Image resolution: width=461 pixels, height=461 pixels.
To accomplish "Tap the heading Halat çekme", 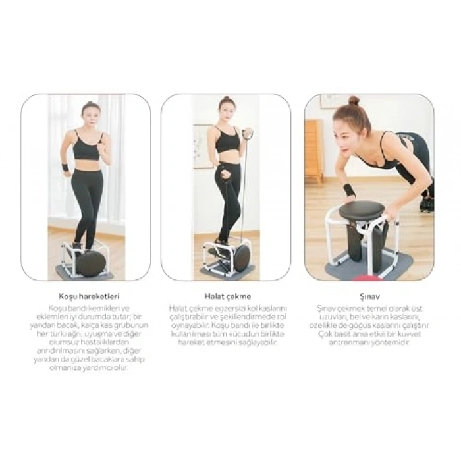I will pyautogui.click(x=227, y=296).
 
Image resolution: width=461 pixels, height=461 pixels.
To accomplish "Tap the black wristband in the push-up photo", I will pyautogui.click(x=348, y=190).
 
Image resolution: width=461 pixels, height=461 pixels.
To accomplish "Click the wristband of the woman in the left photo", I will pyautogui.click(x=65, y=167).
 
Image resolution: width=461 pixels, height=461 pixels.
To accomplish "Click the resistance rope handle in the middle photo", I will pyautogui.click(x=248, y=135).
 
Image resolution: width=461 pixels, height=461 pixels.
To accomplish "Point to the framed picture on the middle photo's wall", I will pyautogui.click(x=202, y=146).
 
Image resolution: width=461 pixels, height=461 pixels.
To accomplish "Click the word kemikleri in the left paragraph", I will pyautogui.click(x=99, y=308).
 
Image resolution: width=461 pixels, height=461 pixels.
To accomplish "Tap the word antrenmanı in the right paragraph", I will pyautogui.click(x=356, y=342).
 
